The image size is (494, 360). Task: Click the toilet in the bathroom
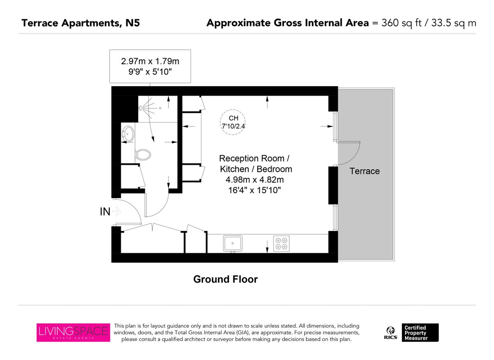click(x=143, y=155)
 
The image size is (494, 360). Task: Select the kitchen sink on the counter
click(x=233, y=243)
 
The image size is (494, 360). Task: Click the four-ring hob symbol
click(x=281, y=243)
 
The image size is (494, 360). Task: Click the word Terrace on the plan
click(x=364, y=171)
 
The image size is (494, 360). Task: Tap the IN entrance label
click(x=105, y=212)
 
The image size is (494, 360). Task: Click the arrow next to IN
click(x=117, y=212)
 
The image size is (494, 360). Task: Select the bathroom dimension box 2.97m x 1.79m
click(x=150, y=66)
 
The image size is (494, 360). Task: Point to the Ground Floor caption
click(x=225, y=279)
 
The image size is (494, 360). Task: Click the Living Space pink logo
click(x=73, y=332)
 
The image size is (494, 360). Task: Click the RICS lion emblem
click(x=390, y=331)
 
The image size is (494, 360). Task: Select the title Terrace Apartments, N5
click(x=81, y=23)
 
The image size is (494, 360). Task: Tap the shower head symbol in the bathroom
click(x=142, y=108)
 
